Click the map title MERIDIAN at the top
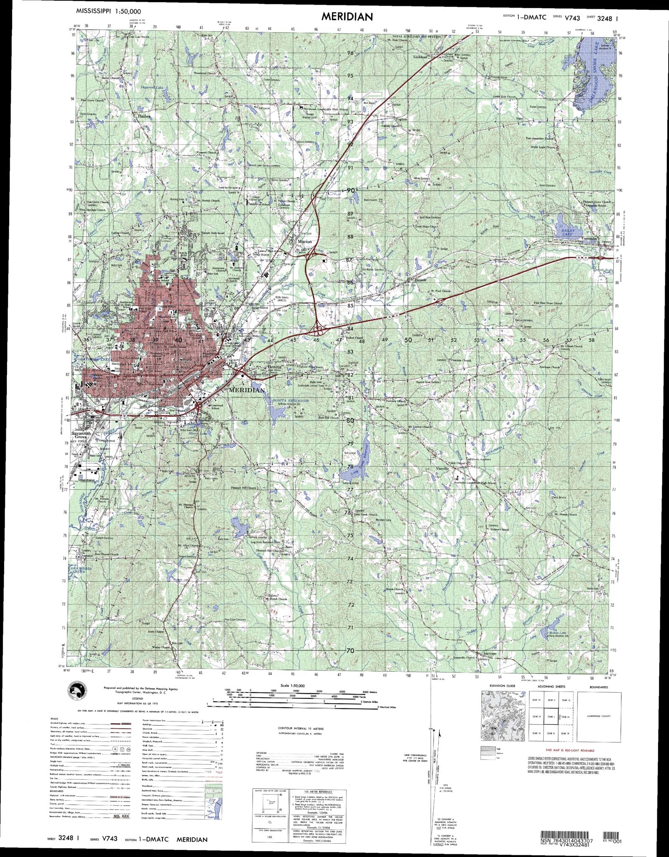347,16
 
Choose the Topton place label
401,119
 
